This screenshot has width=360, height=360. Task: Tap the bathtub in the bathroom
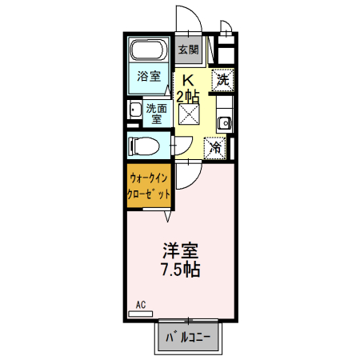click(x=148, y=54)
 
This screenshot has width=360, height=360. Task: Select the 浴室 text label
click(x=148, y=78)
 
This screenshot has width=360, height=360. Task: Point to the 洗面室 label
click(x=156, y=113)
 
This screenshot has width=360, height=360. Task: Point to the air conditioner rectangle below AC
click(x=140, y=314)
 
